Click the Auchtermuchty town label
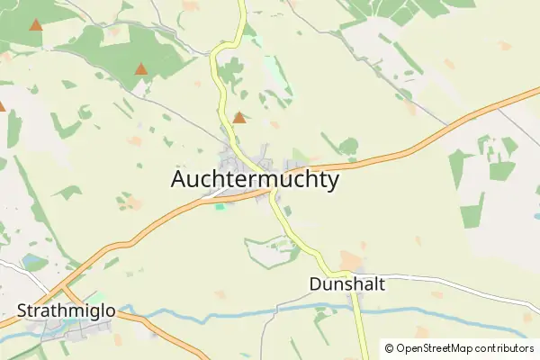click(255, 180)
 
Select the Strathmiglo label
click(66, 311)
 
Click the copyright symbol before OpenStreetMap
click(389, 348)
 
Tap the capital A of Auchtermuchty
click(179, 180)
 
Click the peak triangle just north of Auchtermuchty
click(238, 118)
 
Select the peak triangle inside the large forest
click(141, 68)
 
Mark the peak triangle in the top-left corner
click(35, 25)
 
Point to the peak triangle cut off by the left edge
click(2, 106)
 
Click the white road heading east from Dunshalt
click(450, 280)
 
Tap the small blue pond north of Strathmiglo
click(33, 262)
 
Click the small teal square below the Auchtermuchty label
click(220, 206)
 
